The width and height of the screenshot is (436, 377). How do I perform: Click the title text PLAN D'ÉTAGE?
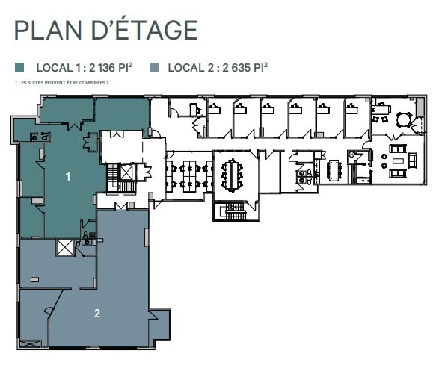[x=105, y=30]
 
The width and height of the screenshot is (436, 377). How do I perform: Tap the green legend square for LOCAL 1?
[x=19, y=67]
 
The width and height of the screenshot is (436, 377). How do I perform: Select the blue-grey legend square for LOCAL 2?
[x=154, y=67]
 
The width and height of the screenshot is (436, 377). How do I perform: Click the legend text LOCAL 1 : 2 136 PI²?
[x=86, y=67]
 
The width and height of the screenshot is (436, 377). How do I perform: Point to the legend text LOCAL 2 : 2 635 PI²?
[x=218, y=67]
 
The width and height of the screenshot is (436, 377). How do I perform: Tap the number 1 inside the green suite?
[x=68, y=177]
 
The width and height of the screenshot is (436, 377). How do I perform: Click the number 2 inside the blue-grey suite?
[x=97, y=313]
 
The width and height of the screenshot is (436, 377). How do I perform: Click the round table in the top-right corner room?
[x=404, y=118]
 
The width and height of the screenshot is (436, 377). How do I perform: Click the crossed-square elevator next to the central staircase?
[x=126, y=172]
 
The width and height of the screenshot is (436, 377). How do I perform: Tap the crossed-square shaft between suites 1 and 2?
[x=65, y=247]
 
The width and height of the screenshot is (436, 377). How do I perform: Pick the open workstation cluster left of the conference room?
[x=189, y=176]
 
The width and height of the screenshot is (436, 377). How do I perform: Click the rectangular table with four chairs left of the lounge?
[x=333, y=169]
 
